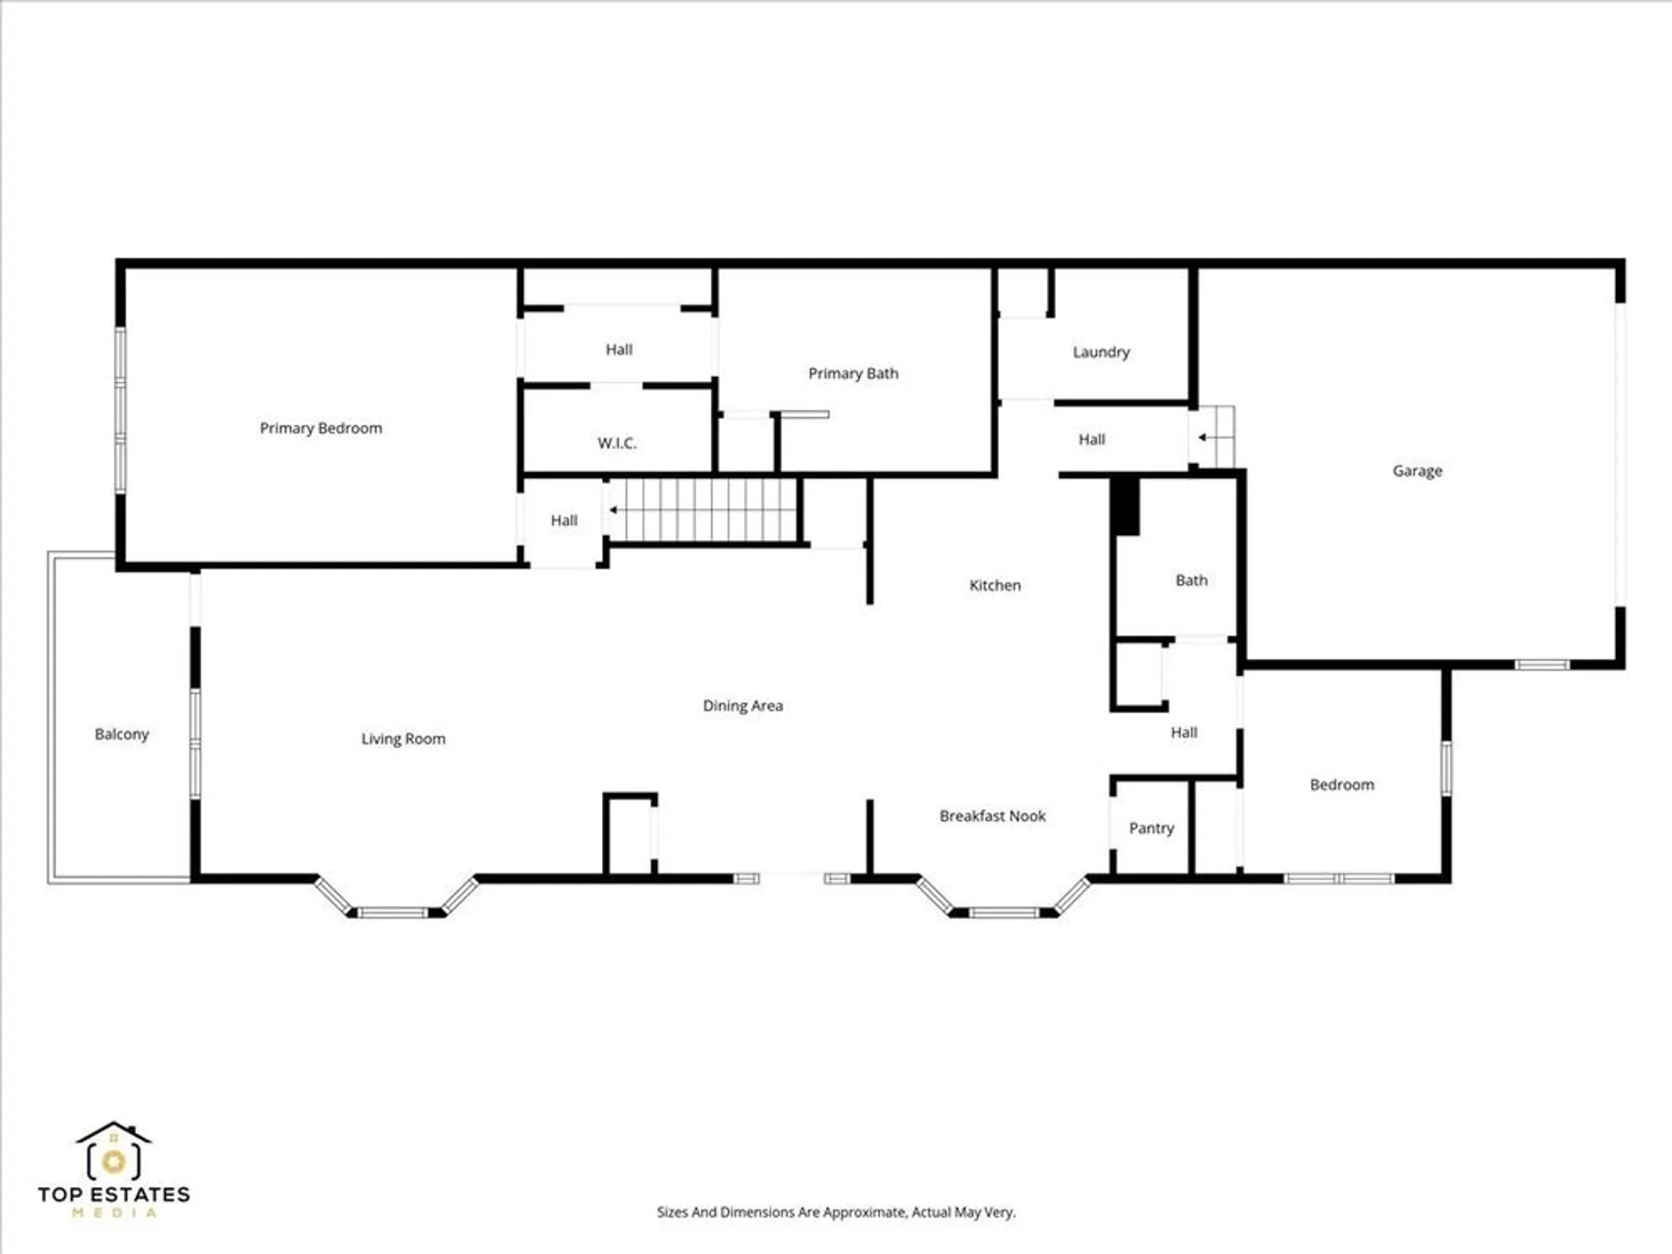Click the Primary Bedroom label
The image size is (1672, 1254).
coord(320,428)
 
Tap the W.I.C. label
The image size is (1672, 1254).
coord(617,443)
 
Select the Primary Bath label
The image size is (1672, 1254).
coord(853,374)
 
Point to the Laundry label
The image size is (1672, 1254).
coord(1101,352)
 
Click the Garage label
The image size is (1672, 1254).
coord(1417,471)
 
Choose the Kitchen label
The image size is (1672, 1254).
coord(995,585)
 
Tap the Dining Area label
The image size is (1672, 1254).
coord(742,706)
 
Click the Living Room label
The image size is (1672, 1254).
coord(403,739)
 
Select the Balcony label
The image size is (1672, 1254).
coord(121,734)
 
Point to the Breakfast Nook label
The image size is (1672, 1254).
coord(992,816)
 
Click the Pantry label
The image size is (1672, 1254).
coord(1151,828)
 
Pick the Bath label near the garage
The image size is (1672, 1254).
coord(1191,580)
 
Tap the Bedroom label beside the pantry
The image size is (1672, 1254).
coord(1342,785)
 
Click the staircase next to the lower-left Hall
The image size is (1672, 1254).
coord(706,510)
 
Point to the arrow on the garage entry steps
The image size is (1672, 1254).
coord(1203,437)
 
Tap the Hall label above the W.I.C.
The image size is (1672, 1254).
coord(619,349)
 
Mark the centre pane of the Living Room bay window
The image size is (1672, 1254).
coord(393,912)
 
